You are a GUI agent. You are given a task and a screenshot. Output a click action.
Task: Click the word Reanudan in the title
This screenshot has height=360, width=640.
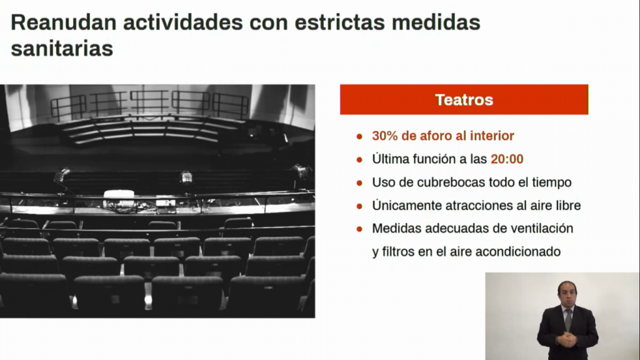coord(64,22)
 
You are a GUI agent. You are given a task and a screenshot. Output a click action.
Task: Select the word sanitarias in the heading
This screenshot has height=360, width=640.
coord(62,49)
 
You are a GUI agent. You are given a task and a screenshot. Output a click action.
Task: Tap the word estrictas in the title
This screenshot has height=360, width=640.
coord(339,22)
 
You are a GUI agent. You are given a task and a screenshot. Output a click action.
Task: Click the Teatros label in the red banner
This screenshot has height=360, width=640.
coord(464,100)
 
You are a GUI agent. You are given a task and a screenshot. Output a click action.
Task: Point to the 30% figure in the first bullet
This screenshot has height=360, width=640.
coord(385,136)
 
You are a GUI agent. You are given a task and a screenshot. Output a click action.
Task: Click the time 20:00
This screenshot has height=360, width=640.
coord(507,159)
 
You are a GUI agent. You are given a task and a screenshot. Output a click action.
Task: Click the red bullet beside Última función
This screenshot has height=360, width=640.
coord(359,159)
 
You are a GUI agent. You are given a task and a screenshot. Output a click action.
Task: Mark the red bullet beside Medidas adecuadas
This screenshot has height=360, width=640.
coord(359,229)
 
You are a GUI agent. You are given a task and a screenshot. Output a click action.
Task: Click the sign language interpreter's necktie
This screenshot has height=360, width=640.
coord(568,319)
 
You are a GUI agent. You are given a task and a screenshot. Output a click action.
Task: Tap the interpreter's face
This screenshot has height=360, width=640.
coord(567,295)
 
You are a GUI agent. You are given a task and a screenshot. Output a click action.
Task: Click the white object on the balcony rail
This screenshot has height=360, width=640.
coord(119,194)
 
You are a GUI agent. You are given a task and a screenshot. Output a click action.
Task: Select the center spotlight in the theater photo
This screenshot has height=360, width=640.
coord(186,177)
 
